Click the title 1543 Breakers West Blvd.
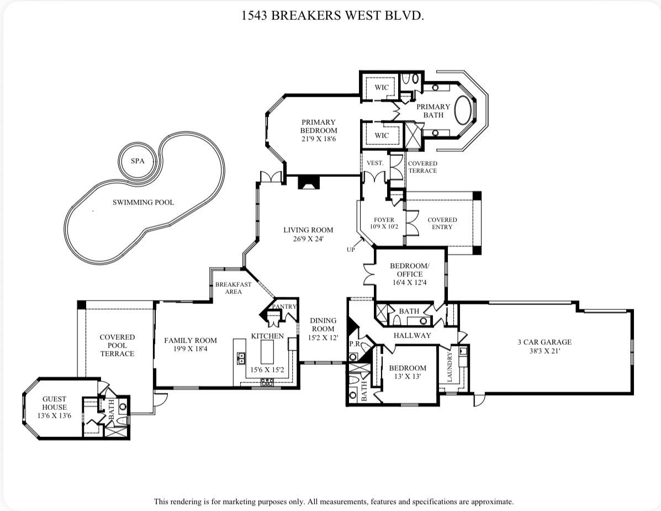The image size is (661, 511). [332, 15]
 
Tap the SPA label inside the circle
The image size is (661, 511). [137, 161]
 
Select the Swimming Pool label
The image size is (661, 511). [143, 202]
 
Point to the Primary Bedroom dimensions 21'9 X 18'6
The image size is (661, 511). [318, 139]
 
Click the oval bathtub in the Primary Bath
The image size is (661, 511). [464, 110]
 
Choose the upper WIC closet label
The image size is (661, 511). [382, 87]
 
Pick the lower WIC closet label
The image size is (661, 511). [382, 135]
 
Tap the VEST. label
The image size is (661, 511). [375, 163]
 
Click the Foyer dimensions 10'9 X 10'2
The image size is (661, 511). [384, 226]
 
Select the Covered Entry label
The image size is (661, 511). [442, 223]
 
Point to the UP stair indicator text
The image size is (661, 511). [351, 250]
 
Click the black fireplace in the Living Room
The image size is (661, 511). [307, 183]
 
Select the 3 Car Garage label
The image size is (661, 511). [544, 342]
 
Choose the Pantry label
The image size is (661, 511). [284, 307]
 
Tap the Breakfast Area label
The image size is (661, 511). [233, 288]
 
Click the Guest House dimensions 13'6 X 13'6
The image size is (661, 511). [54, 415]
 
